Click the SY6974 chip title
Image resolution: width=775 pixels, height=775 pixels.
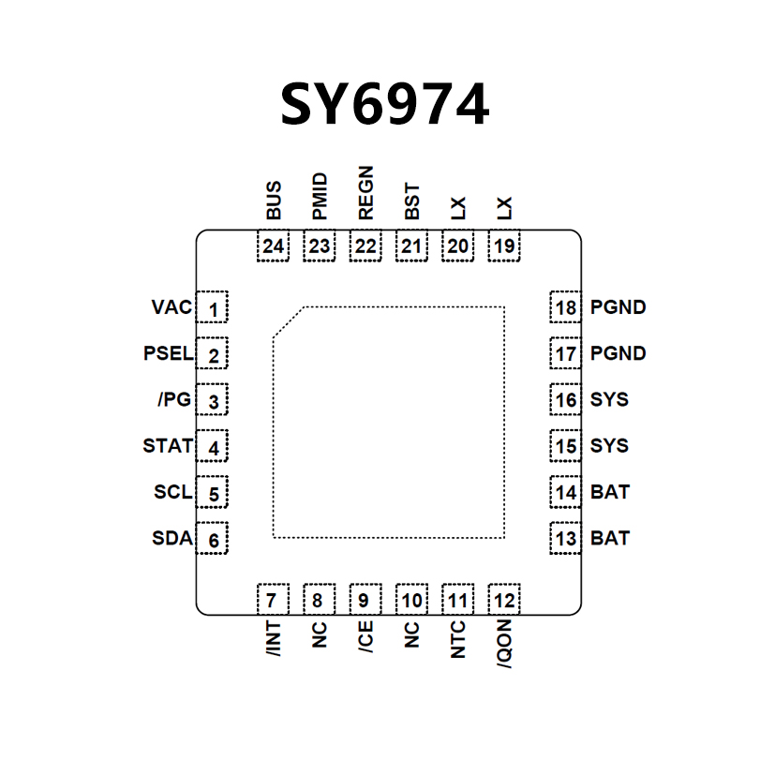point(384,105)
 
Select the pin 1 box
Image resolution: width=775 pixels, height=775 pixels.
point(213,308)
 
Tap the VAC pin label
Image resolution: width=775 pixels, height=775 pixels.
point(171,307)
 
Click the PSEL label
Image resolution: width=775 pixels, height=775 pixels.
point(168,354)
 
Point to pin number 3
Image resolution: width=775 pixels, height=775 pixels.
point(213,402)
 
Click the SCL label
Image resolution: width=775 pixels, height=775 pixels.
point(172,491)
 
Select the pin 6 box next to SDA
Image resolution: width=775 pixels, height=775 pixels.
point(213,540)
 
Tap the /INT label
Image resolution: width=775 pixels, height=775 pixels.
point(273,636)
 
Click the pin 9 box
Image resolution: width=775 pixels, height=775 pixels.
point(365,600)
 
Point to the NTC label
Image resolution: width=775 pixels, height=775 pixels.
point(457,638)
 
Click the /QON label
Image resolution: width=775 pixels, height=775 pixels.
point(504,644)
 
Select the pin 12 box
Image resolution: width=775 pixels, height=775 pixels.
point(504,600)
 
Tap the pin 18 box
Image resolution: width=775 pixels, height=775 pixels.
point(565,308)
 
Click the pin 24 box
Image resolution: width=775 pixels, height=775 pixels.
point(274,246)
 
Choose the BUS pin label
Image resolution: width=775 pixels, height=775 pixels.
point(274,201)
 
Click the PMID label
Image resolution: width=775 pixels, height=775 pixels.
point(320,196)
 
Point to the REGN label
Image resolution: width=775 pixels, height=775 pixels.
point(365,192)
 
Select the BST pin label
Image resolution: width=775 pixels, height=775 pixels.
point(411,201)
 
